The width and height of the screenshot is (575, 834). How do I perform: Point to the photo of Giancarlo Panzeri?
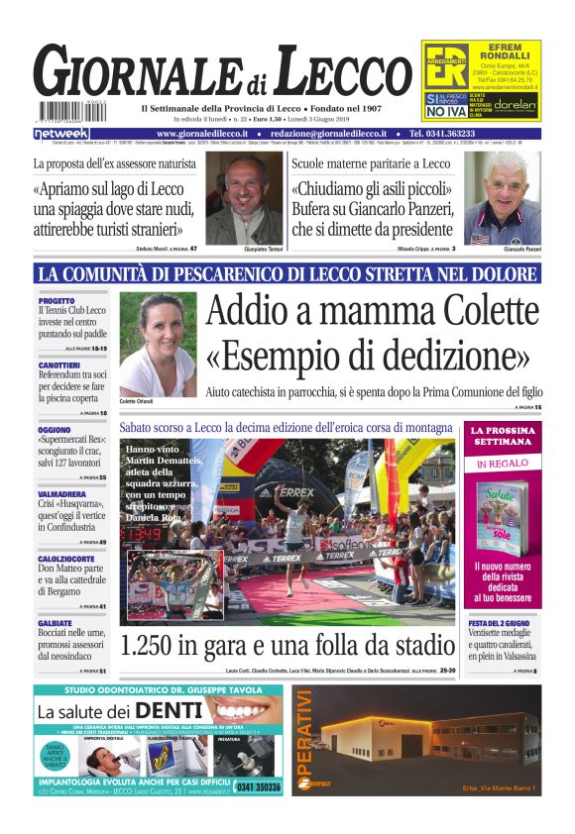503,194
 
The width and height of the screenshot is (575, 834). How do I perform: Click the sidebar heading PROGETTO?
57,300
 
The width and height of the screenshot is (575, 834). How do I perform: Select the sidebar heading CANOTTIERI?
60,365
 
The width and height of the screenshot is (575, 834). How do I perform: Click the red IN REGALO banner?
504,463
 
